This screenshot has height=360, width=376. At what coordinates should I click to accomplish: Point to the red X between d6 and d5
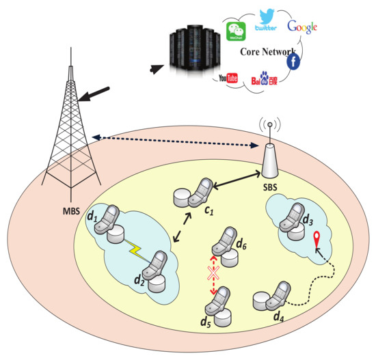pos(213,274)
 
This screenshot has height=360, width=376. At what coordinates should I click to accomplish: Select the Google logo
pos(302,27)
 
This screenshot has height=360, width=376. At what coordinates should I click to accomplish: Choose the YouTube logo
pos(228,77)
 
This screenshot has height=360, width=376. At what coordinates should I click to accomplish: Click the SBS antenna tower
pos(271,154)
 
